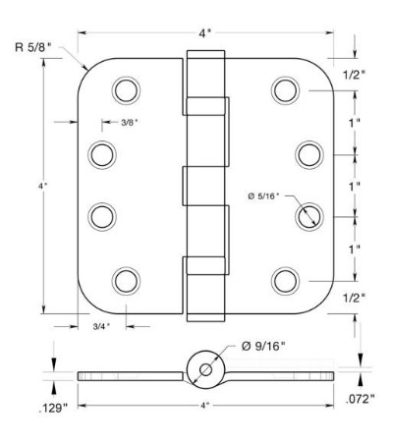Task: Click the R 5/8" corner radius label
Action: point(33,47)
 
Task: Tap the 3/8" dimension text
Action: point(130,123)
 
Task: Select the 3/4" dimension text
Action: point(101,326)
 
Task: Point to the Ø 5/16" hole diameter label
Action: point(263,196)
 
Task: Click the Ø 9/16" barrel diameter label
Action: point(263,346)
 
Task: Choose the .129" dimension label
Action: point(53,409)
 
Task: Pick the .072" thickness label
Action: point(360,399)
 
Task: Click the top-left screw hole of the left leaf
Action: point(126,90)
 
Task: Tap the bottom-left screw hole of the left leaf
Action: point(126,282)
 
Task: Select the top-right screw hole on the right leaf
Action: point(286,90)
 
